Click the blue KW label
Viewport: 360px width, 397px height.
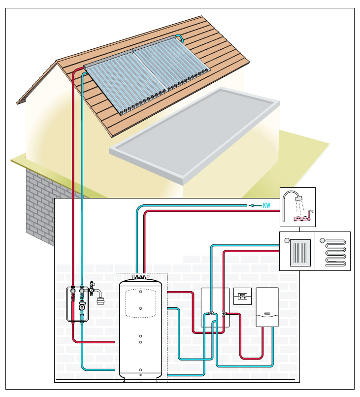click(266, 205)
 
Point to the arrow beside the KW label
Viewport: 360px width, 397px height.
click(255, 205)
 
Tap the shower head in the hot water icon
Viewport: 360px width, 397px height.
click(299, 198)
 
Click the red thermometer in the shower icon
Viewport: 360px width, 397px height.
click(309, 215)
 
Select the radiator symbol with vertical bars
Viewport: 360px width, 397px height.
click(300, 252)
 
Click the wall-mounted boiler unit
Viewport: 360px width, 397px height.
click(267, 307)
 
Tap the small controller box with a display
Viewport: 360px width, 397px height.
click(242, 296)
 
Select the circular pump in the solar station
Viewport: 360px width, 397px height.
click(82, 307)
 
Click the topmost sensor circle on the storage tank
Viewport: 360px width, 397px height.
click(141, 292)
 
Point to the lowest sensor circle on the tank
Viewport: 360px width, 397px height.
click(141, 370)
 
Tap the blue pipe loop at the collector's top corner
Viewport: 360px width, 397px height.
click(180, 37)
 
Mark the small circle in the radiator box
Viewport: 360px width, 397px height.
click(287, 240)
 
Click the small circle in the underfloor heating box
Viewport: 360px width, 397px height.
click(322, 240)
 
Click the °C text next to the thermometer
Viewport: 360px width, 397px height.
click(312, 211)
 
